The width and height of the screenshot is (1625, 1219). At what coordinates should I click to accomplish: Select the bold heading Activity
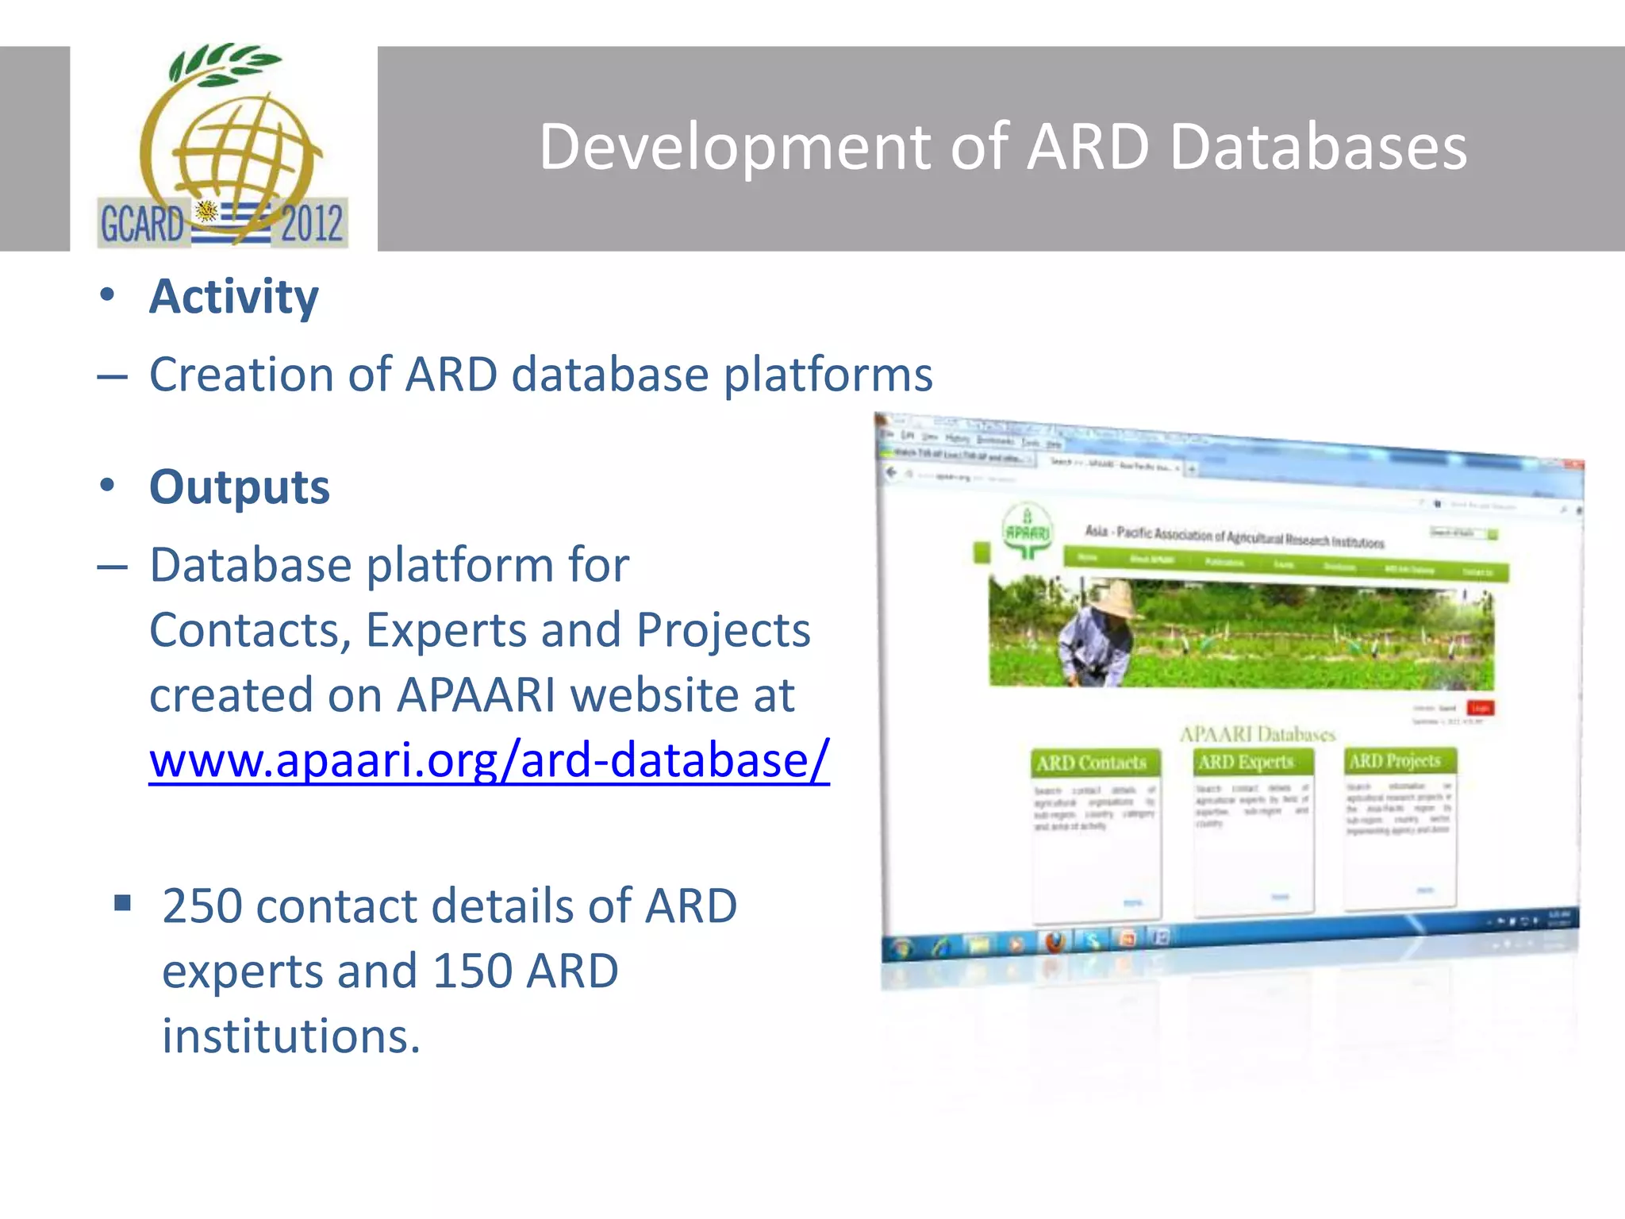point(234,297)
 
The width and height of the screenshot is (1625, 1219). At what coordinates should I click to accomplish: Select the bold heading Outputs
point(240,486)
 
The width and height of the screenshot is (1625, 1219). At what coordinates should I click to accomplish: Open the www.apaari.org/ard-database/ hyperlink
point(489,759)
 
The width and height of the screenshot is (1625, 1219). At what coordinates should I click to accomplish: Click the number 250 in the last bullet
point(202,906)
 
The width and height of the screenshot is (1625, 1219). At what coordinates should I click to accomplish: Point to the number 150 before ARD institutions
point(473,971)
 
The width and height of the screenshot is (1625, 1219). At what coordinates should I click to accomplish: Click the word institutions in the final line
point(290,1036)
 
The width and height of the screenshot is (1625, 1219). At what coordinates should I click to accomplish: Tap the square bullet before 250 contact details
point(122,902)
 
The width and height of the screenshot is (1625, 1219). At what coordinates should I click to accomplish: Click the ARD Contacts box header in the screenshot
point(1092,763)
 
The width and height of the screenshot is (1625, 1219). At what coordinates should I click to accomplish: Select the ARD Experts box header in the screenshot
point(1246,762)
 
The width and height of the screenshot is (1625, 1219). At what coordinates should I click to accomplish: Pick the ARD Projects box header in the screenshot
point(1395,760)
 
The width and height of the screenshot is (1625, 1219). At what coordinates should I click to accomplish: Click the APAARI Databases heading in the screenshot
point(1257,733)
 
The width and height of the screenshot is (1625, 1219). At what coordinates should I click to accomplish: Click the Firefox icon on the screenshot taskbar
point(1055,942)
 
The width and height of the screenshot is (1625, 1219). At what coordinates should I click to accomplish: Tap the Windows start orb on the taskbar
point(901,948)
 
